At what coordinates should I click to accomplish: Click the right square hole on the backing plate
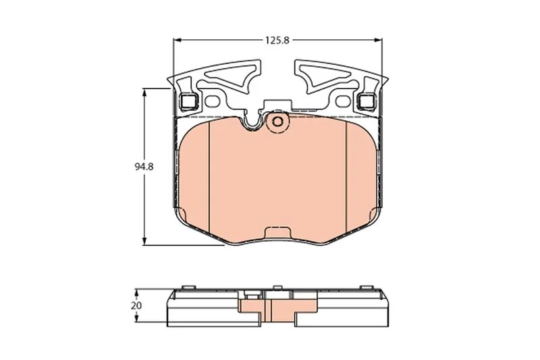pos(367,102)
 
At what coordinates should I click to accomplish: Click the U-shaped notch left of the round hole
pos(252,122)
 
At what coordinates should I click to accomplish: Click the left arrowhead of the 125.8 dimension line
pos(178,41)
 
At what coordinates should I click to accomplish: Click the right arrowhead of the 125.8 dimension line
pos(379,41)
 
